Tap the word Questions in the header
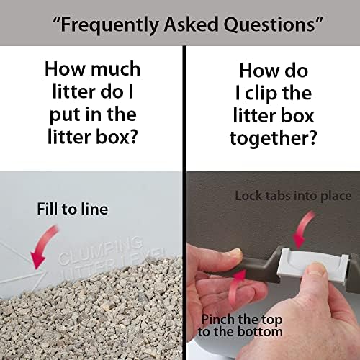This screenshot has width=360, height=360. click(269, 24)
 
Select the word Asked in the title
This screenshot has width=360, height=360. click(191, 24)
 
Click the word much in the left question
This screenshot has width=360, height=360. click(116, 69)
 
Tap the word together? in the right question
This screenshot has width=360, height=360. click(274, 138)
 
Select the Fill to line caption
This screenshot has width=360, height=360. click(73, 209)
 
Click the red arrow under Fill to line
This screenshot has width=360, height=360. click(43, 246)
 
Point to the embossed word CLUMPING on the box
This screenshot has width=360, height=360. click(101, 250)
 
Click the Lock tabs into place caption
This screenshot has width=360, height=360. click(293, 196)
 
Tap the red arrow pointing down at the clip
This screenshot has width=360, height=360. click(303, 229)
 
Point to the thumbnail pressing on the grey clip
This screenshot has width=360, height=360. click(318, 269)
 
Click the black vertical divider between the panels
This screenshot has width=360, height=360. click(184, 203)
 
